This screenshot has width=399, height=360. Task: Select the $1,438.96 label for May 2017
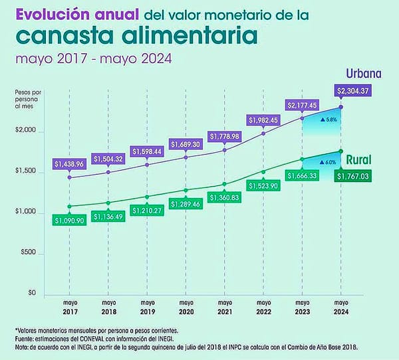[71, 163]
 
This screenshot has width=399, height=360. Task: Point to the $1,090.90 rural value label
[71, 219]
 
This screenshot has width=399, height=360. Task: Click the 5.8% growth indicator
[330, 120]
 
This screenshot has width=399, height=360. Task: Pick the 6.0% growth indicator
[329, 162]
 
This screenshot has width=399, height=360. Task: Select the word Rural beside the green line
[357, 160]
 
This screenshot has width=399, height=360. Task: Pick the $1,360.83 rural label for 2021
[225, 197]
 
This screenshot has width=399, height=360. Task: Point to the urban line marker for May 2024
[340, 106]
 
